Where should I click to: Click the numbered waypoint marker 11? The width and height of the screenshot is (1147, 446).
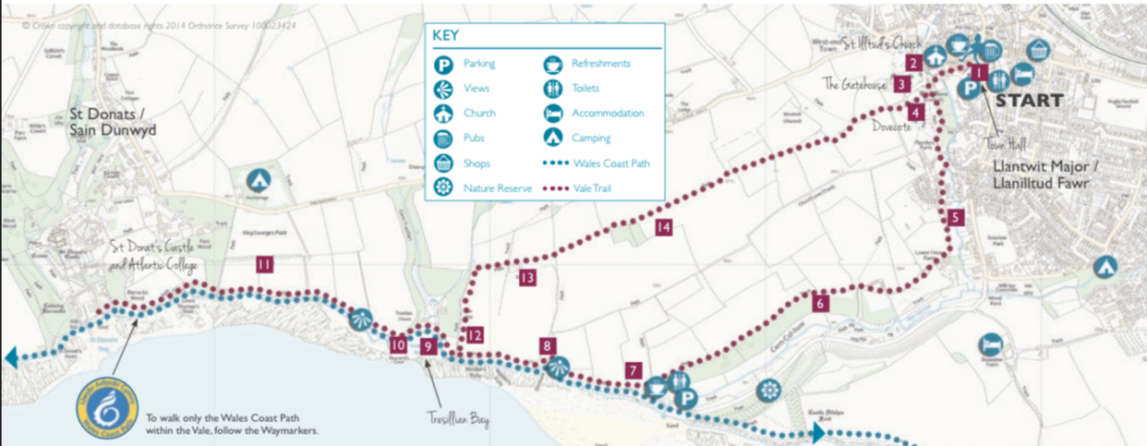[x=265, y=265]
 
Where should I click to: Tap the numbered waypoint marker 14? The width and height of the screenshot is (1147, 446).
[x=664, y=227]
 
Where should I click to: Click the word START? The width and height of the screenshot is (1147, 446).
[x=1028, y=100]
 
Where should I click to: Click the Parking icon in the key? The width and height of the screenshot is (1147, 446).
[x=444, y=64]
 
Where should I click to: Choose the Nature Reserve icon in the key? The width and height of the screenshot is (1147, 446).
[x=444, y=188]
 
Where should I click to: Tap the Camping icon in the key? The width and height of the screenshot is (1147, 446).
[x=552, y=139]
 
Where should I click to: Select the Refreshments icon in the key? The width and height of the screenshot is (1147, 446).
[x=552, y=64]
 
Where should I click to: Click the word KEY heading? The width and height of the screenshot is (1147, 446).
[x=446, y=35]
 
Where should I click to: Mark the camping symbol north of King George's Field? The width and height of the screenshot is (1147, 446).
[x=257, y=179]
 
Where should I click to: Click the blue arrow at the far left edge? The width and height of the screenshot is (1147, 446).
[x=11, y=358]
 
